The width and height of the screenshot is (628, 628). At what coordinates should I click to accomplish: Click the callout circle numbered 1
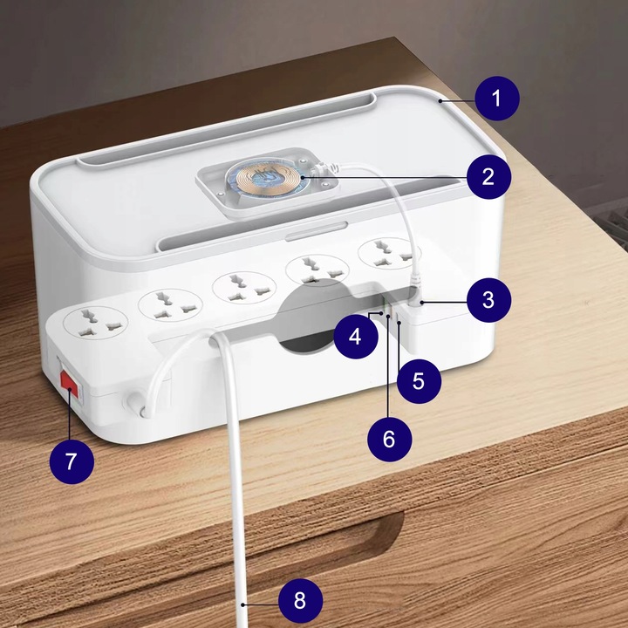coord(496,99)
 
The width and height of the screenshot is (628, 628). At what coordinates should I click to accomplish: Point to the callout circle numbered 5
coord(418,382)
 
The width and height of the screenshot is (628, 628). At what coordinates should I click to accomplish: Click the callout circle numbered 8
coord(300,601)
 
